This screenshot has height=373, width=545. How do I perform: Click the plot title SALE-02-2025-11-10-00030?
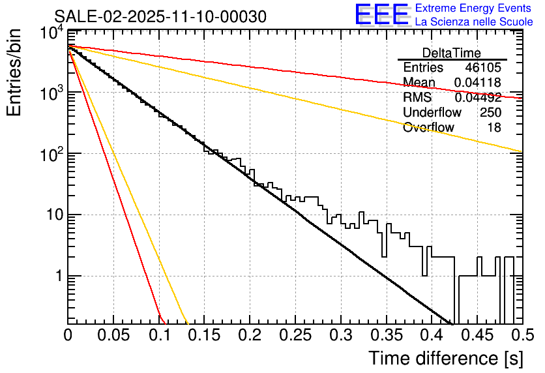(160, 16)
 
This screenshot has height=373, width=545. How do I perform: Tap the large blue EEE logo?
(382, 15)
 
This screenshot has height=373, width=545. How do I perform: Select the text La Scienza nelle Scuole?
(473, 22)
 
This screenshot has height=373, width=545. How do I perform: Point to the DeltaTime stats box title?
(452, 53)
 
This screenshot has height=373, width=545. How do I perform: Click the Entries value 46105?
(483, 68)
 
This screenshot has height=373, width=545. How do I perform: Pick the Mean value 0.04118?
(477, 83)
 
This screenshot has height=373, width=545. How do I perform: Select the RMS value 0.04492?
(477, 98)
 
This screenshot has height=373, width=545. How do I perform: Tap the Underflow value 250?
(490, 113)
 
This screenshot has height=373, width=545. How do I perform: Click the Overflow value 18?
(494, 128)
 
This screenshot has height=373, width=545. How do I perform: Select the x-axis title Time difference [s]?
(445, 358)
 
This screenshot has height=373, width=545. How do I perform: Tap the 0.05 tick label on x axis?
(113, 335)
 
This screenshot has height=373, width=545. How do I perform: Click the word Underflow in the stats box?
(432, 113)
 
